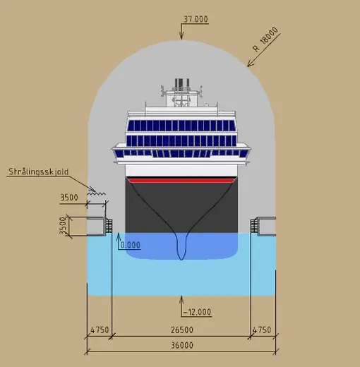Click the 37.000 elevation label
pyautogui.click(x=196, y=19)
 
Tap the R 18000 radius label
pyautogui.click(x=265, y=40)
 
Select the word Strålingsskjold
pyautogui.click(x=39, y=172)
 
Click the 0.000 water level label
pyautogui.click(x=131, y=245)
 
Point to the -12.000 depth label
pyautogui.click(x=197, y=312)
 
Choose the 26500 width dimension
pyautogui.click(x=182, y=330)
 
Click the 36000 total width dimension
pyautogui.click(x=182, y=345)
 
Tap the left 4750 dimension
pyautogui.click(x=100, y=330)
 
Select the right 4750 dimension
pyautogui.click(x=262, y=330)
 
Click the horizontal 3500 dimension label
pyautogui.click(x=69, y=198)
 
